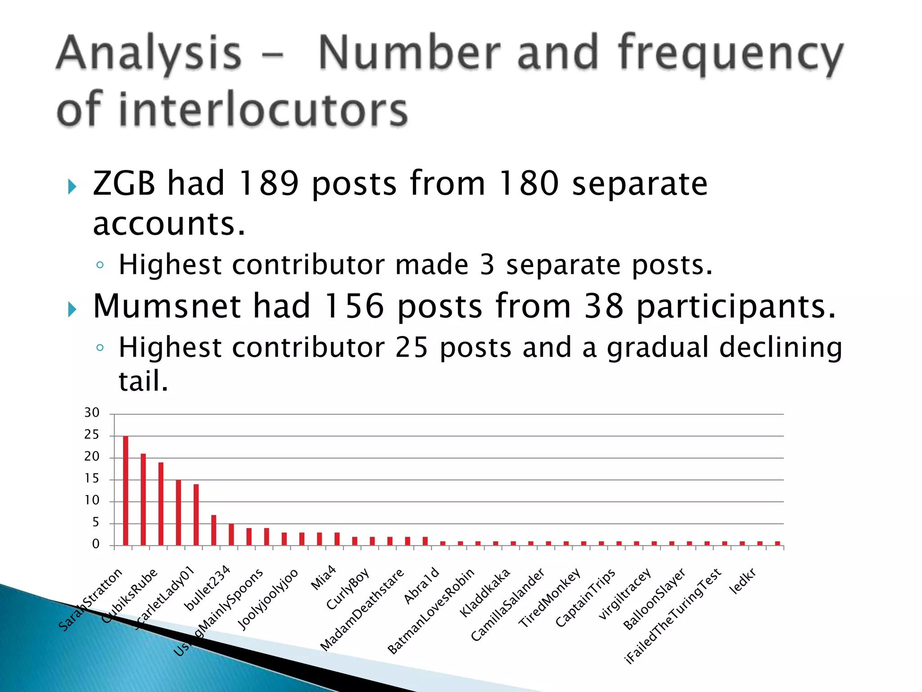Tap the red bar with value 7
coord(214,530)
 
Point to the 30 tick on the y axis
coord(92,413)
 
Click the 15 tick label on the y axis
coord(92,478)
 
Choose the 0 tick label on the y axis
coord(95,544)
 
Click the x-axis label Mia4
coord(324,578)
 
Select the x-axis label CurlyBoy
coord(348,588)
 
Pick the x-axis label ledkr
coord(742,581)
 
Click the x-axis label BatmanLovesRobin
coord(431,611)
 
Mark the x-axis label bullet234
coord(208,588)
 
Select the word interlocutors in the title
coord(263,109)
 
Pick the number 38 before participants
coord(603,306)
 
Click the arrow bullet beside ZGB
coord(72,187)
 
